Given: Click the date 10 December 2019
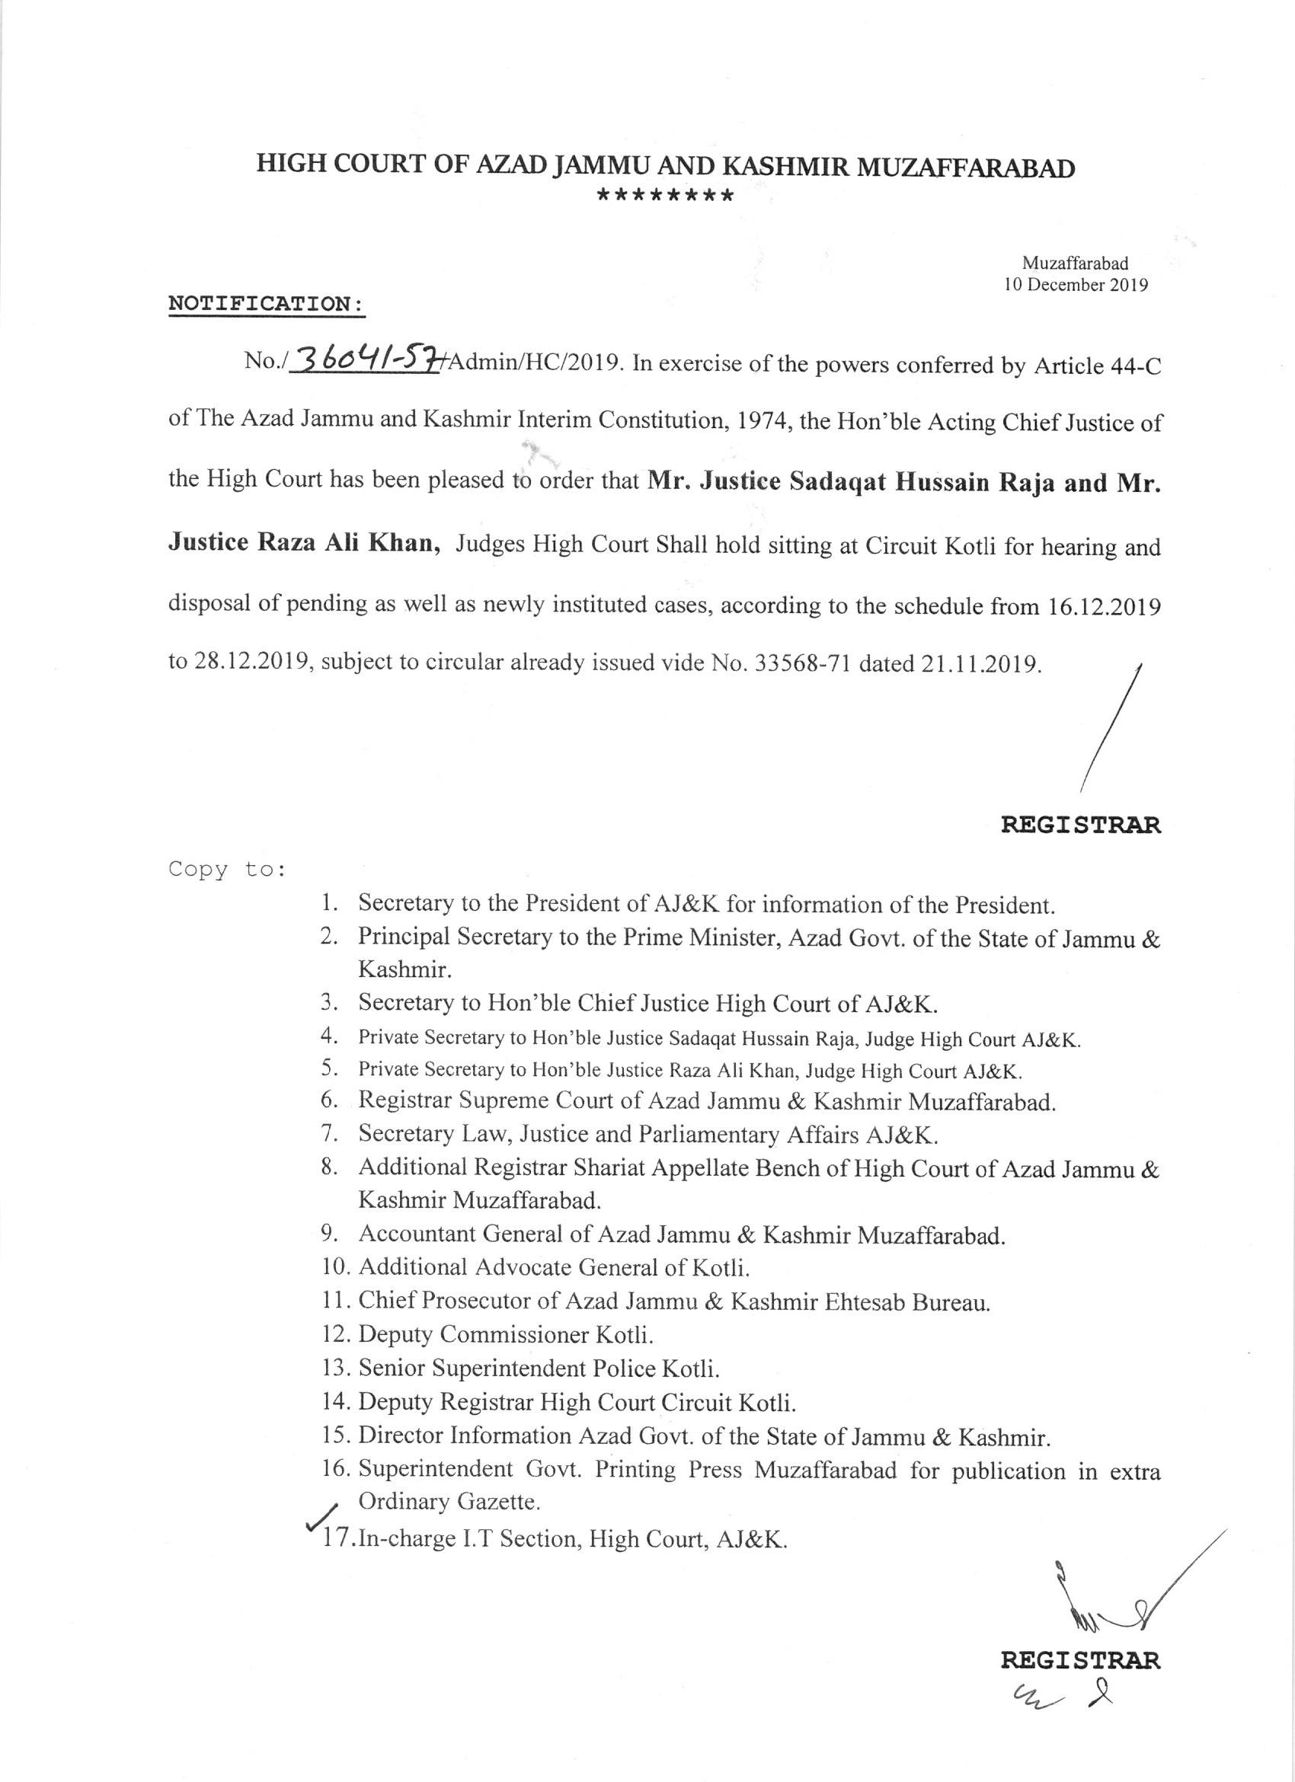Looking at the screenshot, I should click(1076, 286).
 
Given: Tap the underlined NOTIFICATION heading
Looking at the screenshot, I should click(267, 303).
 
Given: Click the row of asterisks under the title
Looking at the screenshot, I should click(665, 196).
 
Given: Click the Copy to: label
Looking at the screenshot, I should click(226, 870).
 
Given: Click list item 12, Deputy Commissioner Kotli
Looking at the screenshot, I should click(505, 1335).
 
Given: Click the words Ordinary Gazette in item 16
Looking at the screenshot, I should click(449, 1503).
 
